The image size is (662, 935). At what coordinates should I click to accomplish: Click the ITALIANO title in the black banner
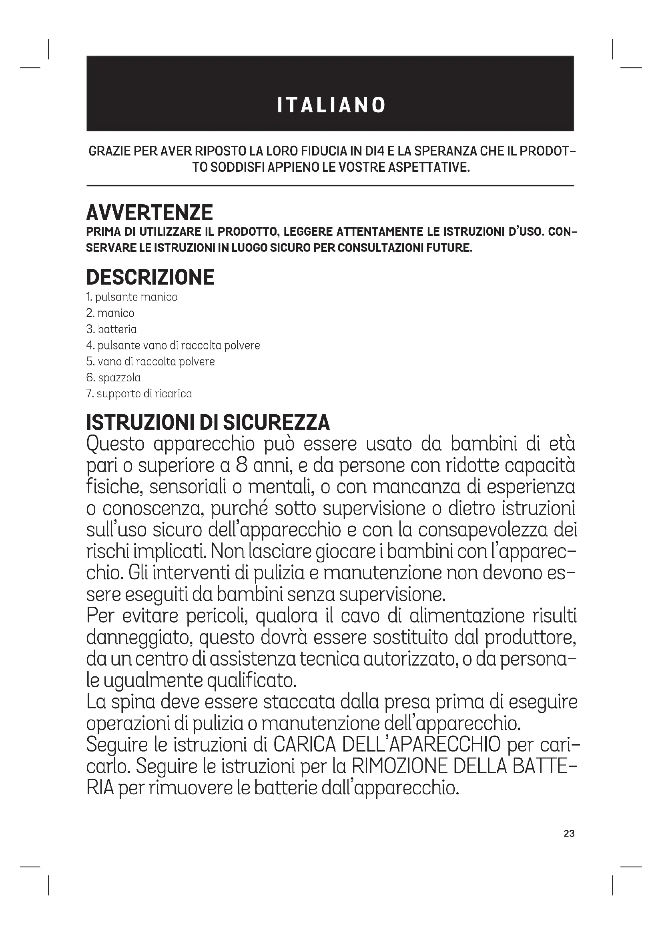[331, 105]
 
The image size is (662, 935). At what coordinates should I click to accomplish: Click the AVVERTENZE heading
[149, 213]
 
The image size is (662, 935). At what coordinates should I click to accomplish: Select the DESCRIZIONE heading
[150, 277]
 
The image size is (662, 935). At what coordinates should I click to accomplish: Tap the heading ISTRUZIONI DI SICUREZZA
[208, 423]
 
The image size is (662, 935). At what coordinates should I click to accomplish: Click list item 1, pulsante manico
[132, 297]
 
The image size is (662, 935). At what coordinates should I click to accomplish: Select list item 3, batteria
[111, 329]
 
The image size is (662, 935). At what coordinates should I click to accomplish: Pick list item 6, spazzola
[113, 377]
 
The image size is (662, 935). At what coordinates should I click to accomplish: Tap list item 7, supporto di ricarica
[139, 394]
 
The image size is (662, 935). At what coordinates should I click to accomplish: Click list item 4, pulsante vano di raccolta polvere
[173, 345]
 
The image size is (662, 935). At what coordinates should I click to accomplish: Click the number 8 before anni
[242, 465]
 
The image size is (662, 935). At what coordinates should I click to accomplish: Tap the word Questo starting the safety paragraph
[115, 444]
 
